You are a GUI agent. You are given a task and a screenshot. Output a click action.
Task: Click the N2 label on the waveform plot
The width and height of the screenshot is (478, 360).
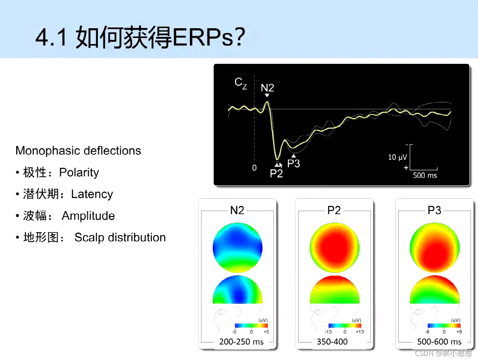coord(267,88)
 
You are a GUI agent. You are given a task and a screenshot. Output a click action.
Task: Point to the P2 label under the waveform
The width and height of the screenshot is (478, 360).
coord(276,173)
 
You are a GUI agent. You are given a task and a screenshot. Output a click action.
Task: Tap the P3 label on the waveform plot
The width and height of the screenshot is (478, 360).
coord(294,164)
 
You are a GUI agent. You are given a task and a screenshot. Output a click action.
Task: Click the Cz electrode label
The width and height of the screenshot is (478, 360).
coord(241,83)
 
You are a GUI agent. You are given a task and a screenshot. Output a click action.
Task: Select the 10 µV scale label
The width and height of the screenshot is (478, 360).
coord(397,157)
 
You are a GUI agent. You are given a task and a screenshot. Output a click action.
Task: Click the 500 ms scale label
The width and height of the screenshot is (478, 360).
coord(425,175)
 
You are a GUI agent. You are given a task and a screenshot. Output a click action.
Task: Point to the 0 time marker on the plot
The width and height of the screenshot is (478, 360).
coord(254,168)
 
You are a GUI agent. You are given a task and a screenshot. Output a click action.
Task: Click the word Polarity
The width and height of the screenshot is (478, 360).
coord(79,172)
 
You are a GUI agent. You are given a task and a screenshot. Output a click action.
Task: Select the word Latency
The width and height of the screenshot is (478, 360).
coord(92,194)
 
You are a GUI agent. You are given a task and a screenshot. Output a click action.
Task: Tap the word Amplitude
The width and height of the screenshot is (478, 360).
coord(88,216)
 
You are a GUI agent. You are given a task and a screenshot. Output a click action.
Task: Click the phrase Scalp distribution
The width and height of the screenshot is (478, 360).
coord(120,237)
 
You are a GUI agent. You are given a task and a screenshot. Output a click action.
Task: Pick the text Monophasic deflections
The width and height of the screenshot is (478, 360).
coord(78,150)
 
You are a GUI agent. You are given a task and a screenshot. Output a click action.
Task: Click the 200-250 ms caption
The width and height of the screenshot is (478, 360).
coord(241,342)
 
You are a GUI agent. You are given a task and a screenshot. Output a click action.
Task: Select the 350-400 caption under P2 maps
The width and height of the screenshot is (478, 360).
coord(332,342)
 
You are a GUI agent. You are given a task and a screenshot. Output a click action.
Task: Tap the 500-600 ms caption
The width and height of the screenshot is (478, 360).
coord(439,342)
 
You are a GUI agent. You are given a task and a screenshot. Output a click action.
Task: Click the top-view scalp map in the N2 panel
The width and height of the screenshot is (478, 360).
coord(237,248)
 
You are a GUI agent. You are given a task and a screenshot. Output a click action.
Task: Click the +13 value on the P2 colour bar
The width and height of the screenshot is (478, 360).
coord(359,332)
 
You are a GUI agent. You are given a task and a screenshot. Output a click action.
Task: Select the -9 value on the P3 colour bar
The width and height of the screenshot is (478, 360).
coord(427,332)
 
